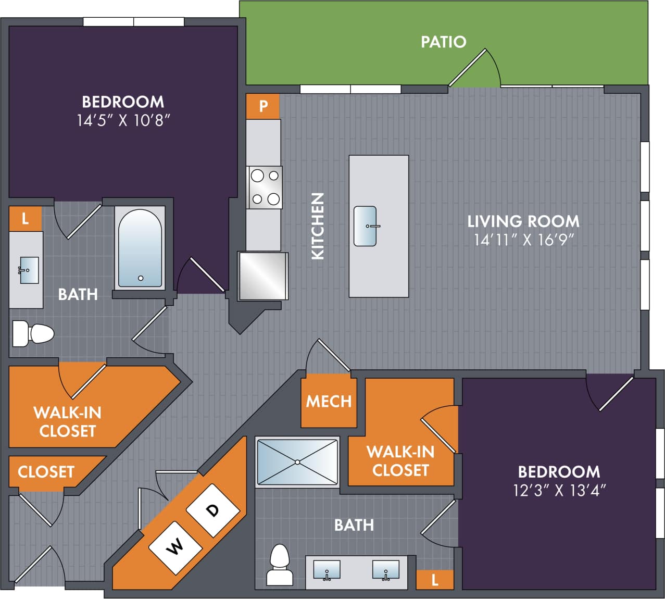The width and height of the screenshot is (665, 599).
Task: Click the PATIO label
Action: pyautogui.click(x=443, y=42)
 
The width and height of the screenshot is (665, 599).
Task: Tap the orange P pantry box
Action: pyautogui.click(x=263, y=106)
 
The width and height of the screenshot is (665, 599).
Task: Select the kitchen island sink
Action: pyautogui.click(x=365, y=226)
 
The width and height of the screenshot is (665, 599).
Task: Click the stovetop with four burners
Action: pyautogui.click(x=265, y=188)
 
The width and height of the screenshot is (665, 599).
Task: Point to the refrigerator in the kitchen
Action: pyautogui.click(x=263, y=276)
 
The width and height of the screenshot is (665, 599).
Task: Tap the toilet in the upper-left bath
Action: pyautogui.click(x=33, y=334)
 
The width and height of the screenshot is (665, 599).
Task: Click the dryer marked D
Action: pyautogui.click(x=212, y=510)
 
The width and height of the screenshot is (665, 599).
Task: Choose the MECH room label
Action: pyautogui.click(x=329, y=401)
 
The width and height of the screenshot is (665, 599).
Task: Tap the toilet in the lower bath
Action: pyautogui.click(x=280, y=565)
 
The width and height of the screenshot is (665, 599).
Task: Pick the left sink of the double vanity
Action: pyautogui.click(x=327, y=570)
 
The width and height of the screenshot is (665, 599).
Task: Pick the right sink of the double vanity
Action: pyautogui.click(x=386, y=570)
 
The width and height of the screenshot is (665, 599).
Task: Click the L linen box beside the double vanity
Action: pyautogui.click(x=434, y=580)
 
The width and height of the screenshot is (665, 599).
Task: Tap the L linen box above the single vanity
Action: pyautogui.click(x=25, y=219)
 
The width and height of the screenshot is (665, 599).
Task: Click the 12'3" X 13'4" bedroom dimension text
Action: pyautogui.click(x=559, y=490)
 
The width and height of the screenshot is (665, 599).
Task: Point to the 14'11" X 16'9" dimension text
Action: pyautogui.click(x=523, y=240)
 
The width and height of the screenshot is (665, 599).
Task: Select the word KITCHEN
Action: pyautogui.click(x=318, y=226)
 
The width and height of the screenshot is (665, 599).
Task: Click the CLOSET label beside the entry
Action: pyautogui.click(x=46, y=472)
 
